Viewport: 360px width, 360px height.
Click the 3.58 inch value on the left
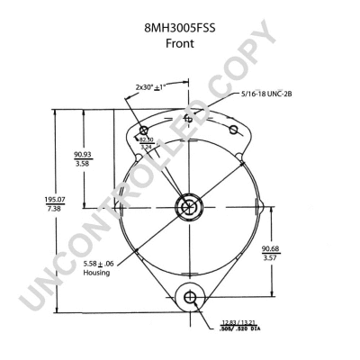pos(84,165)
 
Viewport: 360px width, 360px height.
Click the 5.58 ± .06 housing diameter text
pos(95,263)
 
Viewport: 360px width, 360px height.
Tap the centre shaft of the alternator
pos(188,207)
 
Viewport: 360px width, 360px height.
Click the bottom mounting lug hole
pos(189,297)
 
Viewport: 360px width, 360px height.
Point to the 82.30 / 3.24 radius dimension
pos(147,141)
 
